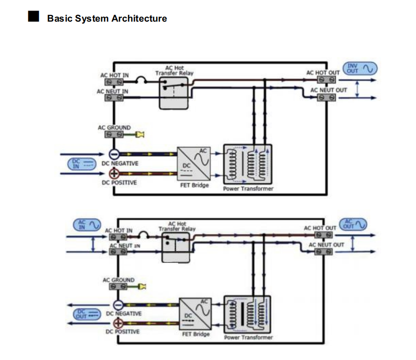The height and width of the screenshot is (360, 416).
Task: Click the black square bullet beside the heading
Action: click(33, 18)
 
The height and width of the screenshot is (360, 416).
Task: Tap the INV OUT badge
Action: click(360, 68)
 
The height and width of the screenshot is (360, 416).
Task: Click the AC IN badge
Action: click(87, 224)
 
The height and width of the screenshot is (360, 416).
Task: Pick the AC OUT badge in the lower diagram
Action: click(353, 224)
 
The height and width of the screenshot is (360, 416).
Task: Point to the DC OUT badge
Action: click(86, 314)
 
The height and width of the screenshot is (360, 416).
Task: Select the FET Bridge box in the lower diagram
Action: click(196, 313)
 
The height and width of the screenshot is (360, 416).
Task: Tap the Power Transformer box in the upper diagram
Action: click(247, 163)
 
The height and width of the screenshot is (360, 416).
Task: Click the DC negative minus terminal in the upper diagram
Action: click(114, 154)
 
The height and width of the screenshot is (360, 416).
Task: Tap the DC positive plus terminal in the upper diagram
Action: click(114, 174)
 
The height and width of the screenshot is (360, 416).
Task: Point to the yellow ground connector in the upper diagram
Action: click(140, 135)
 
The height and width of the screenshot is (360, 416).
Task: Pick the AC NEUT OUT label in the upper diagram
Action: click(328, 90)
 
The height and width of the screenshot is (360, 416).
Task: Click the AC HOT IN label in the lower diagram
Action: click(119, 230)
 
